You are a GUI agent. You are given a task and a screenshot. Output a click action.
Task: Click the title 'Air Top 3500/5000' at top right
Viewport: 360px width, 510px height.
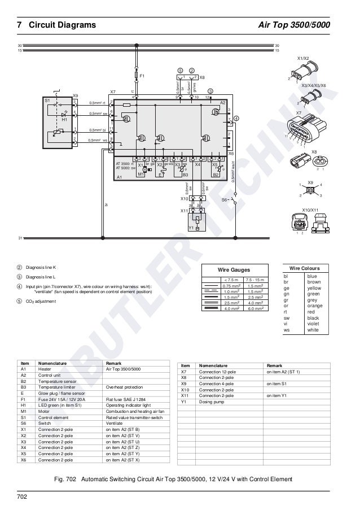pos(294,25)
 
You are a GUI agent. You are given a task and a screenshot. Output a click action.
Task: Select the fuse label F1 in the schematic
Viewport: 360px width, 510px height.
pos(142,75)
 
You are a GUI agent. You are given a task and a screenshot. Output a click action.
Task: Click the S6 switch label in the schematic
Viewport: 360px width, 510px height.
pos(224,199)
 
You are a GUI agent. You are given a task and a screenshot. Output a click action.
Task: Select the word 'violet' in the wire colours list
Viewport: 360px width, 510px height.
pos(312,323)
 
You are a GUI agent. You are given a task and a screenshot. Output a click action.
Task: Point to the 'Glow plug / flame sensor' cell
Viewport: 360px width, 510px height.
pos(61,394)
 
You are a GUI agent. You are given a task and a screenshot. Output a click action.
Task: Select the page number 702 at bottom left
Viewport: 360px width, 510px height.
pos(22,497)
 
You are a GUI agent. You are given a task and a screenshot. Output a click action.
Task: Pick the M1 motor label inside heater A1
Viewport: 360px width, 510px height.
pos(141,175)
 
